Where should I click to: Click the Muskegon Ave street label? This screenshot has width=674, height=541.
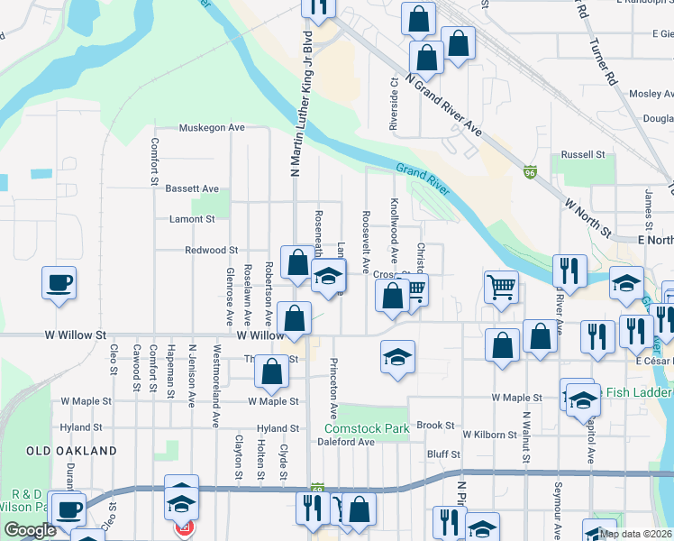tap(212, 128)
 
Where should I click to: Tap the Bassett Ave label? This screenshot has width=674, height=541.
tap(192, 188)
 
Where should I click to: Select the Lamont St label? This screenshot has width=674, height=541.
tap(192, 219)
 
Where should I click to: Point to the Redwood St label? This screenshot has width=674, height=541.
tap(211, 250)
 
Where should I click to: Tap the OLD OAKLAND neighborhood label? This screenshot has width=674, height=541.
tap(71, 450)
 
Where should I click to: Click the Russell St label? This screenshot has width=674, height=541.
tap(583, 155)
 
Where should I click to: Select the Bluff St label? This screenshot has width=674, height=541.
tap(443, 455)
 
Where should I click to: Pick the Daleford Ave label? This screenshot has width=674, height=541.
tap(345, 442)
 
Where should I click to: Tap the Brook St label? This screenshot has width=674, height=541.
tap(434, 425)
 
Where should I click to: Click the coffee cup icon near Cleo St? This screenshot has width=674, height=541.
tap(59, 282)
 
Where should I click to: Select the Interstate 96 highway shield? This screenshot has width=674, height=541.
tap(531, 170)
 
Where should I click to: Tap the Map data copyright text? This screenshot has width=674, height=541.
tap(634, 534)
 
